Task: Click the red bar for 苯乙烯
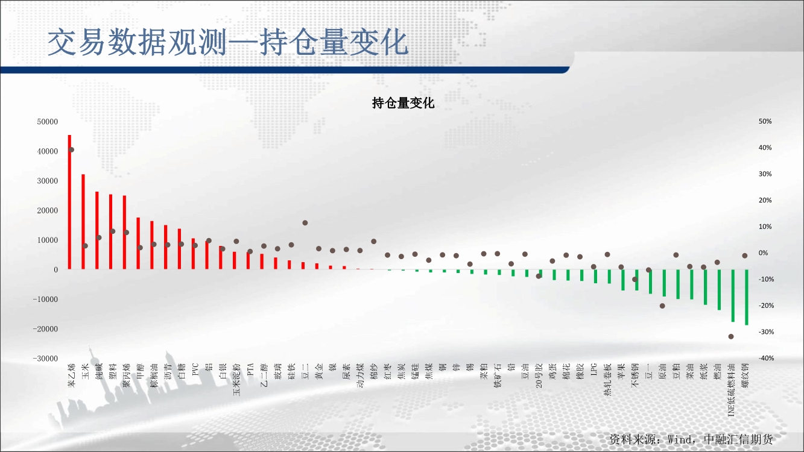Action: [69, 202]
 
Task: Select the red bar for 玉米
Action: [83, 222]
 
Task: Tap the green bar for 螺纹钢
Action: [747, 297]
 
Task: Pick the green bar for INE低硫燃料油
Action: [733, 295]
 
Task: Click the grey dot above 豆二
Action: [305, 223]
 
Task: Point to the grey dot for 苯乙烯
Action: [71, 149]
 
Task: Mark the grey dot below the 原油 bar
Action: [663, 306]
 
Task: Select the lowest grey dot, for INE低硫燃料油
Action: [731, 336]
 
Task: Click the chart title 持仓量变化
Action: [403, 103]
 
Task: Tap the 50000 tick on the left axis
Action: [48, 122]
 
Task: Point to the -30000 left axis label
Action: [45, 359]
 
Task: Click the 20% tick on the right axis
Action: [765, 200]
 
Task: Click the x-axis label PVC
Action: [195, 369]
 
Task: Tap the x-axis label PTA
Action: [250, 369]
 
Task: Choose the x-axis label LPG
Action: [594, 369]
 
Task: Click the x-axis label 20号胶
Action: [539, 375]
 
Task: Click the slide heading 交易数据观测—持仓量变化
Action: [228, 43]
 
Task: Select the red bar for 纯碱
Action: [97, 230]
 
